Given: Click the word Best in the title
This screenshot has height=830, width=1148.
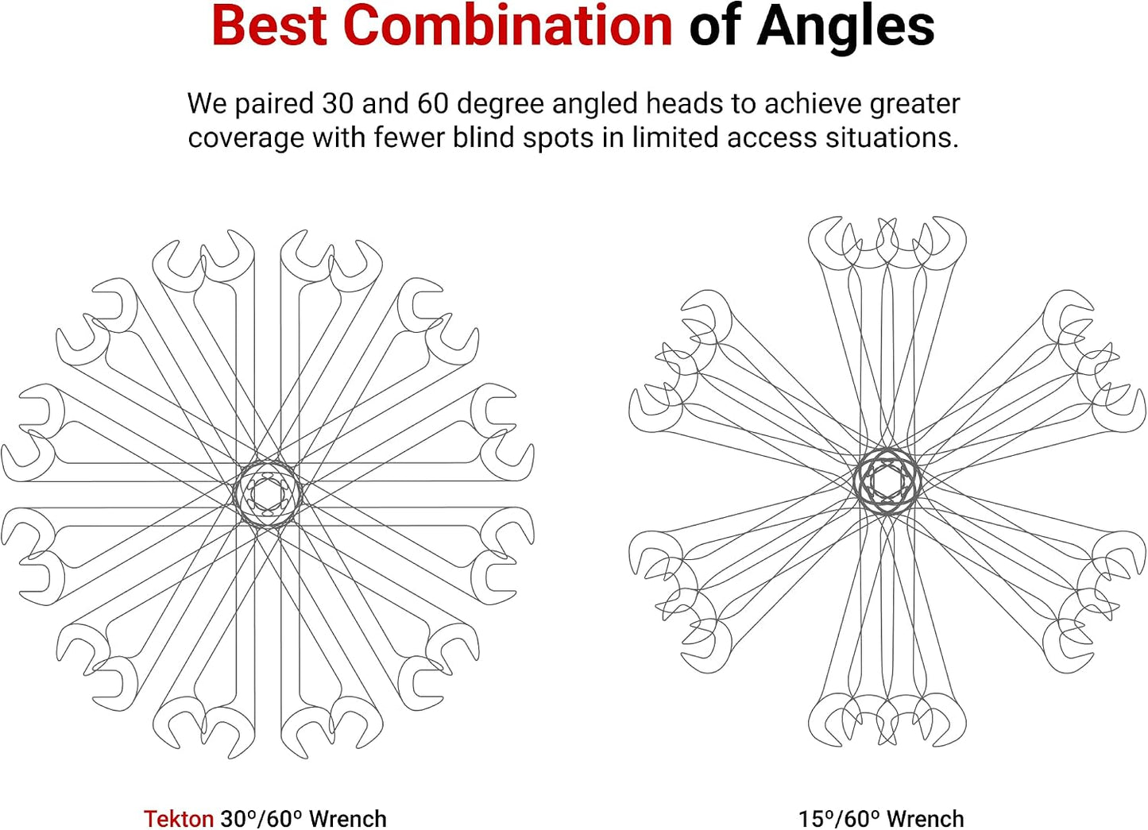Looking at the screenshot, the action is click(269, 26).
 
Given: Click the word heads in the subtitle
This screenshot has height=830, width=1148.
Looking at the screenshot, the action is click(688, 103).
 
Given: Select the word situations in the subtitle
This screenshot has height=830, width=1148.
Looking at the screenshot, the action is click(891, 137).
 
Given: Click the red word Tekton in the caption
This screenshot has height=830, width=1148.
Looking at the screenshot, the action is click(178, 818).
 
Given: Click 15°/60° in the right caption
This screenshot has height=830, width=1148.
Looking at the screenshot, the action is click(840, 818).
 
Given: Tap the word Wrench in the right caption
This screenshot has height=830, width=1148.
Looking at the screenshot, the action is click(926, 818).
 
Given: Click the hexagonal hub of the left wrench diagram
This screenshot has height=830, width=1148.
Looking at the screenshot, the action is click(267, 494).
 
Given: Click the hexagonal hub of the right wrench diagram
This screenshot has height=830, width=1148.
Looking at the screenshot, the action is click(887, 481).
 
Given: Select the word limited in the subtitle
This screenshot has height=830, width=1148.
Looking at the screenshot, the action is click(671, 137).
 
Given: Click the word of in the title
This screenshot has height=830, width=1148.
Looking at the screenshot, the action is click(714, 26).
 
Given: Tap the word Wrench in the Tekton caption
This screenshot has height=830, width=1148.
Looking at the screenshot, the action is click(348, 818).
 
